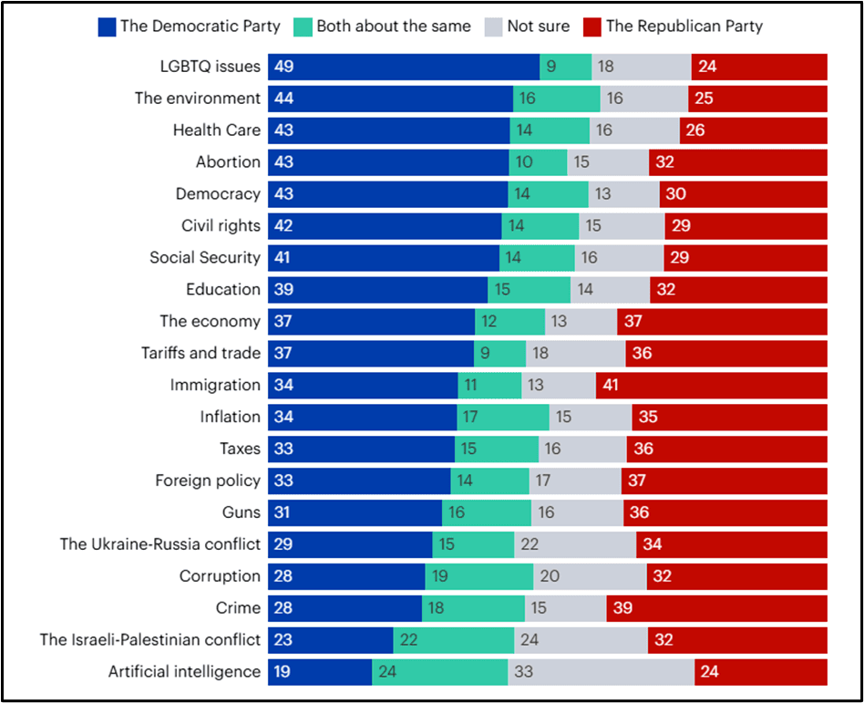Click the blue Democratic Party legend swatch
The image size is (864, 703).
point(107,26)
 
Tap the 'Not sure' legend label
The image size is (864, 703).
point(539,26)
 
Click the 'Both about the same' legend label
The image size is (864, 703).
point(394,26)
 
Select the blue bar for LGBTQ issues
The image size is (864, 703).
point(404,67)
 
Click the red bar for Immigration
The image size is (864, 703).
point(712,385)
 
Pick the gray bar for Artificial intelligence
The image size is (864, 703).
point(601,672)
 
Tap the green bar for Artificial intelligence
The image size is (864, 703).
point(439,672)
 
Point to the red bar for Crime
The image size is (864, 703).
point(716,608)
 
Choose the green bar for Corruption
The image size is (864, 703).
point(478,576)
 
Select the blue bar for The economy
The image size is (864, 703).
point(371,321)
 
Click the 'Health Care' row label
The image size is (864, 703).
point(217,130)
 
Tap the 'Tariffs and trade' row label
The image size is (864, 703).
point(201,353)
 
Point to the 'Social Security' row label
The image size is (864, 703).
point(205,257)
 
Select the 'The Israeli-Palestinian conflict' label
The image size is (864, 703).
point(149,640)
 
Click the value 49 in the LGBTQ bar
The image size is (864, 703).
point(283,67)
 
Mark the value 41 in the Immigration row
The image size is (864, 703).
point(611,385)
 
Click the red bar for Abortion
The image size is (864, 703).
point(738,162)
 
